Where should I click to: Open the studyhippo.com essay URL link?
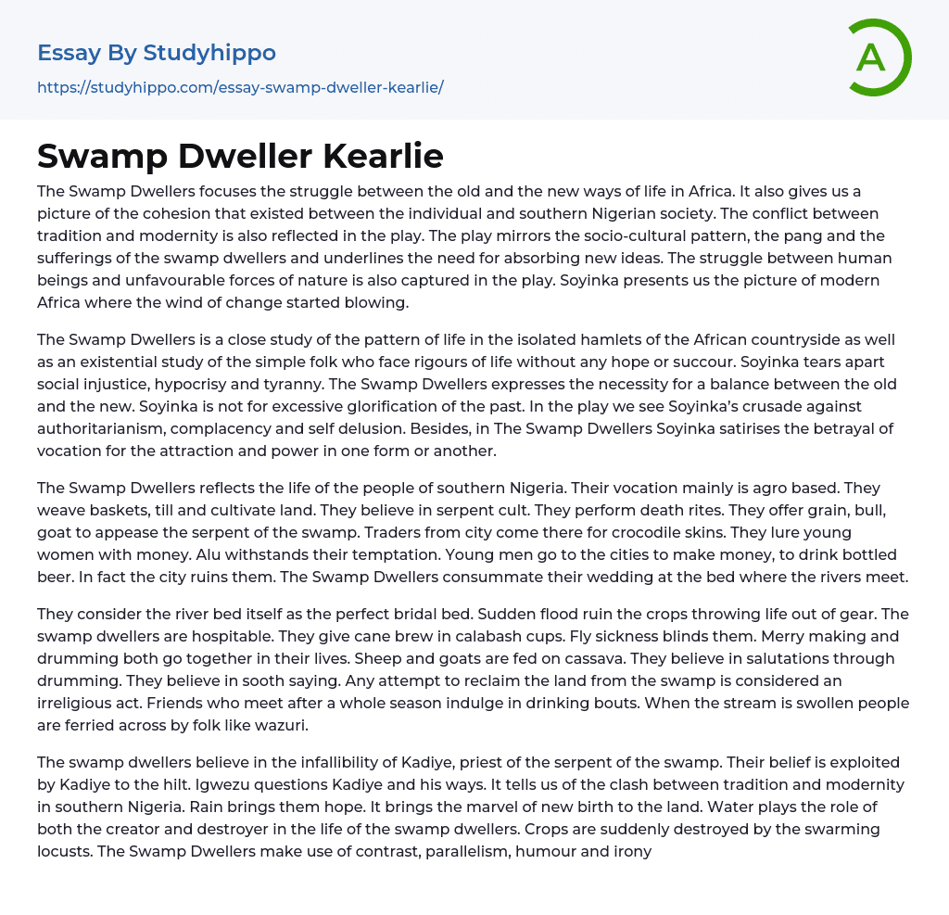(x=240, y=87)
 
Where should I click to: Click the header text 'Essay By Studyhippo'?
(x=157, y=53)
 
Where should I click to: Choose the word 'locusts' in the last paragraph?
(x=63, y=851)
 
